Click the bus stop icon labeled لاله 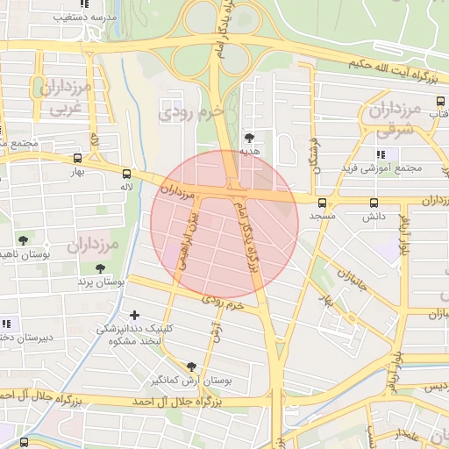(127, 174)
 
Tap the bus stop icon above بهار (79, 159)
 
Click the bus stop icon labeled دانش (374, 202)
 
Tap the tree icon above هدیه (250, 138)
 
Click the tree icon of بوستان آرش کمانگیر (192, 367)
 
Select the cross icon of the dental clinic (134, 315)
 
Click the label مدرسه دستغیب (63, 17)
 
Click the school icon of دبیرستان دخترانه (8, 323)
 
